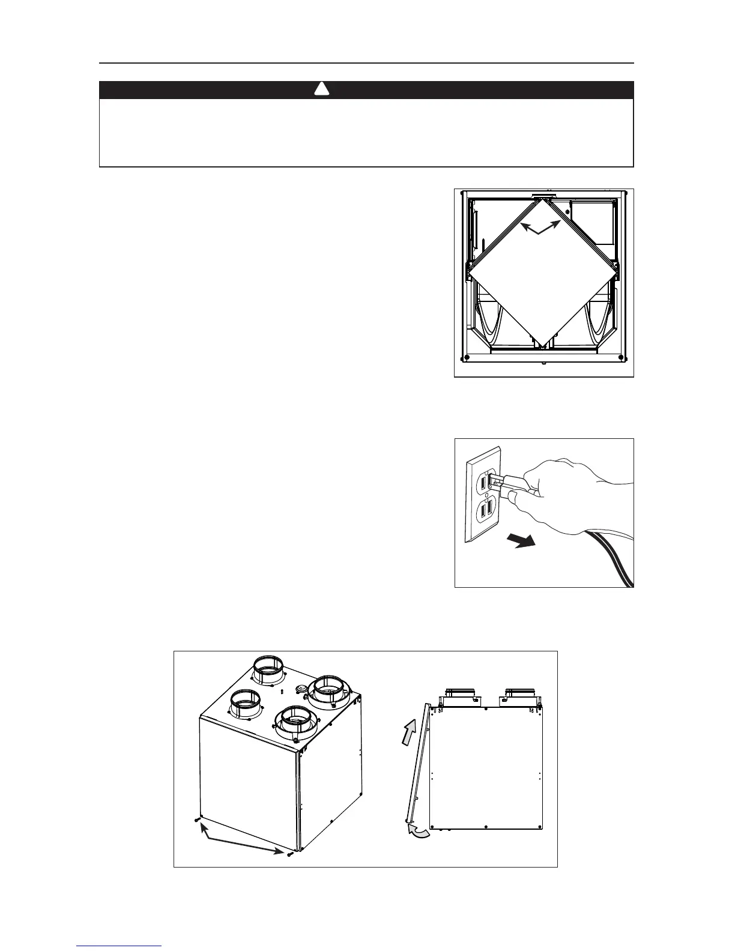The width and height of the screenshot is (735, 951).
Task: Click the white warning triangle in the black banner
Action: [322, 90]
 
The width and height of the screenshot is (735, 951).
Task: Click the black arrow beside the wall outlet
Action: [520, 542]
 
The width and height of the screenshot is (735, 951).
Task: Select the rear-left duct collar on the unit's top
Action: [270, 670]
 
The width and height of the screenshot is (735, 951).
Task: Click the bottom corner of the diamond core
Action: [542, 347]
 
